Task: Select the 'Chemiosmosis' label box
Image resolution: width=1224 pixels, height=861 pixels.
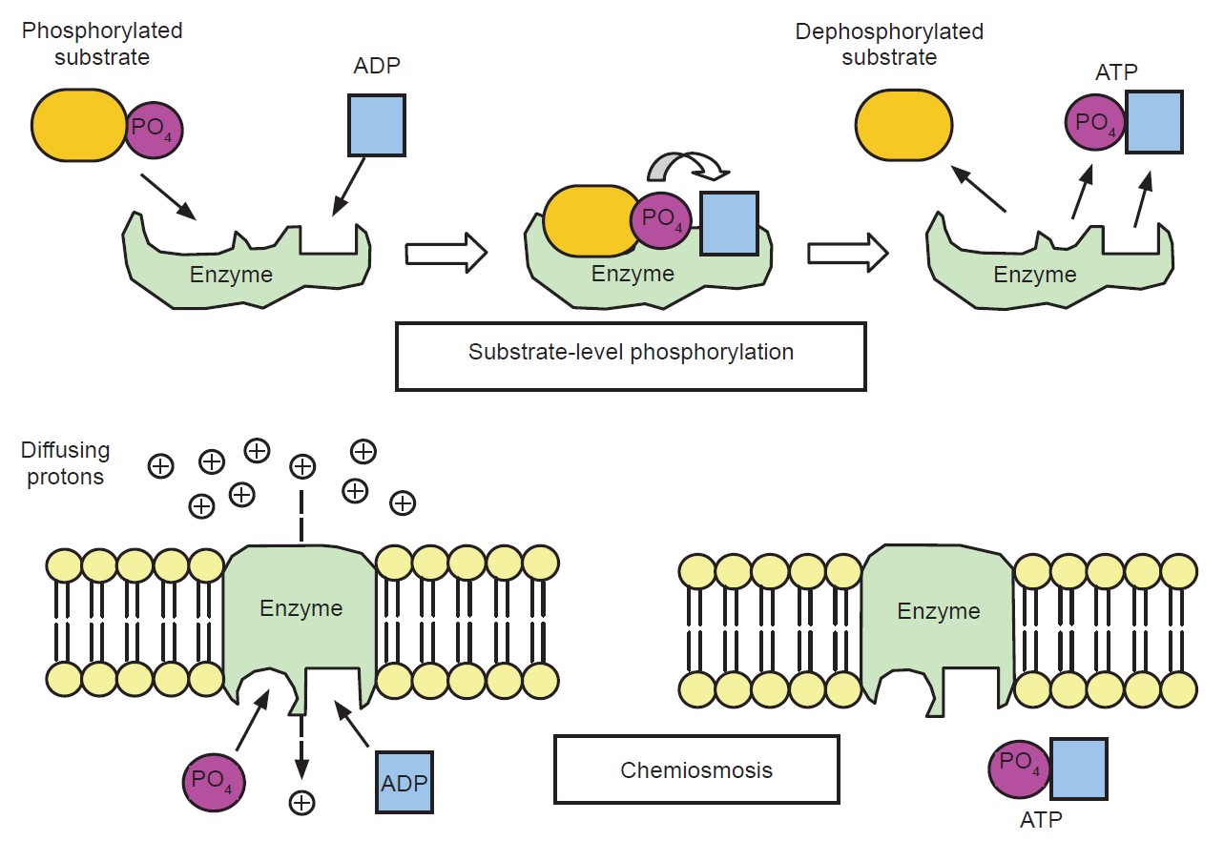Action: coord(696,769)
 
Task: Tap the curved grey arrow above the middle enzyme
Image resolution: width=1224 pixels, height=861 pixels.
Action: coord(687,168)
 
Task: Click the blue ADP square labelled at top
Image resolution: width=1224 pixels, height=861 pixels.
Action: coord(378,125)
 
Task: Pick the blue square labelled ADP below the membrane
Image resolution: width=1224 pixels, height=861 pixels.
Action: coord(405,782)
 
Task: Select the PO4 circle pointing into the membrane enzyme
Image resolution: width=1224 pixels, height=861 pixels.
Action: coord(214,779)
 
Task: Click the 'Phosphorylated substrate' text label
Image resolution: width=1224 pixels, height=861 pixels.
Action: coord(102,43)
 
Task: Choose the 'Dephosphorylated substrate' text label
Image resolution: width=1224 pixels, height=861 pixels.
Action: coord(889,44)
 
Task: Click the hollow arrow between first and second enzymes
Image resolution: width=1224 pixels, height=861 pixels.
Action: coord(446,254)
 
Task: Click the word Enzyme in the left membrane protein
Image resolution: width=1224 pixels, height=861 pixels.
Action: coord(301,608)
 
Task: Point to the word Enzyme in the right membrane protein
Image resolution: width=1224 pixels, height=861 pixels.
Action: coord(939,610)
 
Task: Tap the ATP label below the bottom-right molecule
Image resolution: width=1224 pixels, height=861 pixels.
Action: coord(1041,819)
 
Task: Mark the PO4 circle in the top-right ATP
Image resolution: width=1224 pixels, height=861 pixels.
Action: coord(1094,122)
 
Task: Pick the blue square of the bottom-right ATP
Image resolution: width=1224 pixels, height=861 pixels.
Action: coord(1079,768)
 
